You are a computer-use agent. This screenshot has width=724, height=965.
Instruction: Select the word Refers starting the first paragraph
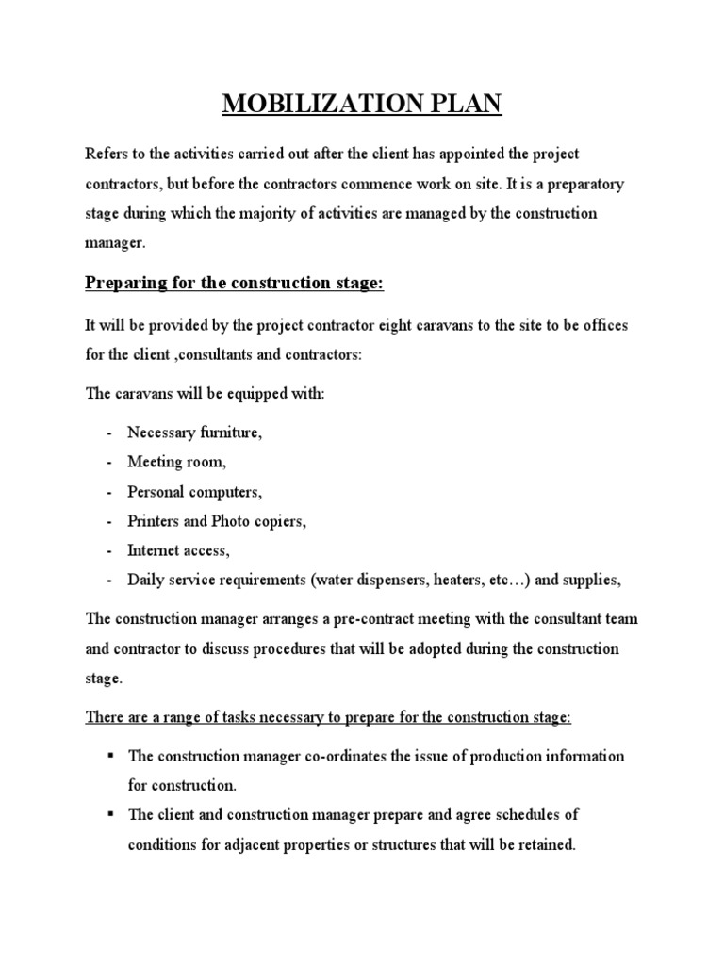(x=107, y=153)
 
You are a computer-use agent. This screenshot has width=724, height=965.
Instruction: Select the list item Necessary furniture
(x=195, y=433)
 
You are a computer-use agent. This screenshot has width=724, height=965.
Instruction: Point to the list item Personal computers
(x=195, y=491)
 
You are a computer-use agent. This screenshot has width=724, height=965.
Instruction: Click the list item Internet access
(x=178, y=549)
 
